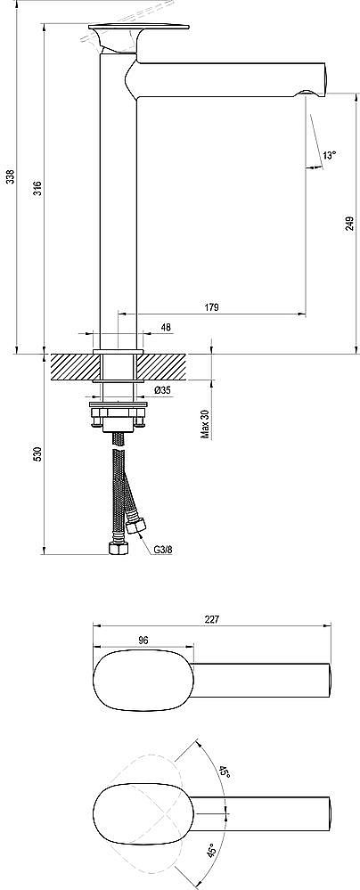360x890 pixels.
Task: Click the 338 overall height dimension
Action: (x=10, y=176)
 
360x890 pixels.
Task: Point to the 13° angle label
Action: (x=330, y=155)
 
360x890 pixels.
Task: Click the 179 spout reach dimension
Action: (x=211, y=307)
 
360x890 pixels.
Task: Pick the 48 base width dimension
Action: (x=166, y=328)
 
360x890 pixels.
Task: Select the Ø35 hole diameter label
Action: (x=163, y=390)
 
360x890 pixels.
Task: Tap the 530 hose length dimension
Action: (x=37, y=454)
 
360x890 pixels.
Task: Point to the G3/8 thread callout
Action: (x=162, y=550)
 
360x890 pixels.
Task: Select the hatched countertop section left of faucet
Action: (x=72, y=366)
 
